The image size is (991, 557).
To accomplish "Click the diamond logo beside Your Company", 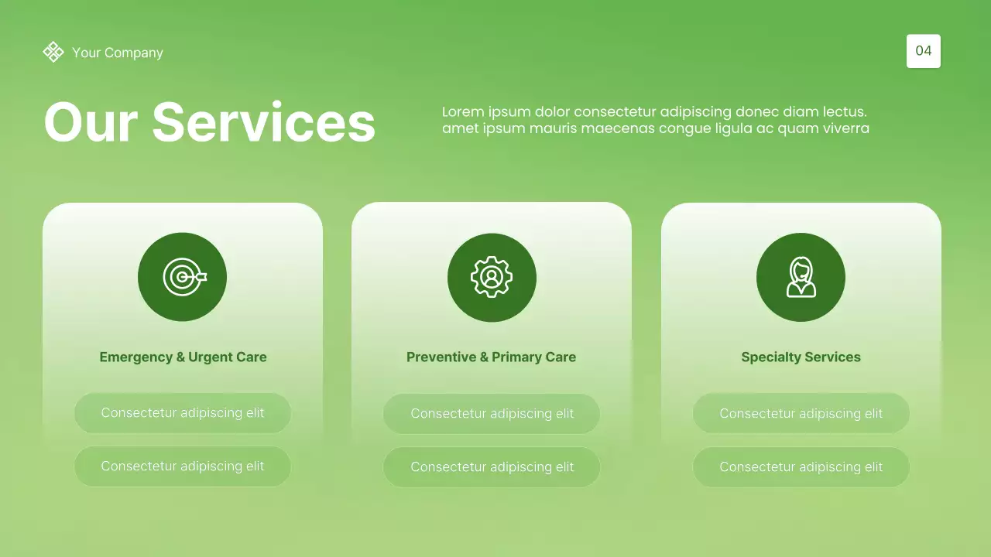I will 53,52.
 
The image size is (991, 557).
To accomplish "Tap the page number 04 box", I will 923,51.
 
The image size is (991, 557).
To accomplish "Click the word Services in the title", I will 263,122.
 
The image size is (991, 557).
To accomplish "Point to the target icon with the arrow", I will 183,277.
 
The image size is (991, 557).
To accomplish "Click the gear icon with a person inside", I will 492,277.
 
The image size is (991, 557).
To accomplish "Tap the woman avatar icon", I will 801,278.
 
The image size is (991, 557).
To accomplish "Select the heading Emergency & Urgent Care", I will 183,357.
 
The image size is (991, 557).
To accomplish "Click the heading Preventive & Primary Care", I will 491,357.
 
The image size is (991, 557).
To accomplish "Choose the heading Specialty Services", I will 801,357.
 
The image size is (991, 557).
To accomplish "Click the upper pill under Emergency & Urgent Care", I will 183,413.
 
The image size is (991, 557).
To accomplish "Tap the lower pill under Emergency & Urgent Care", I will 183,466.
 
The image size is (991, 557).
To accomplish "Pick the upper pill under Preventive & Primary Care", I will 492,414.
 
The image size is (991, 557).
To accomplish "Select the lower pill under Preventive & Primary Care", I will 492,467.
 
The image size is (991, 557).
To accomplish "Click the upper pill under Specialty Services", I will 801,414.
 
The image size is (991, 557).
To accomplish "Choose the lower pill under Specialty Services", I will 801,467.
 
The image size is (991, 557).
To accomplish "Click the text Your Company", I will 118,53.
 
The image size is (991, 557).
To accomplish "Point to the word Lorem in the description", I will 463,112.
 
